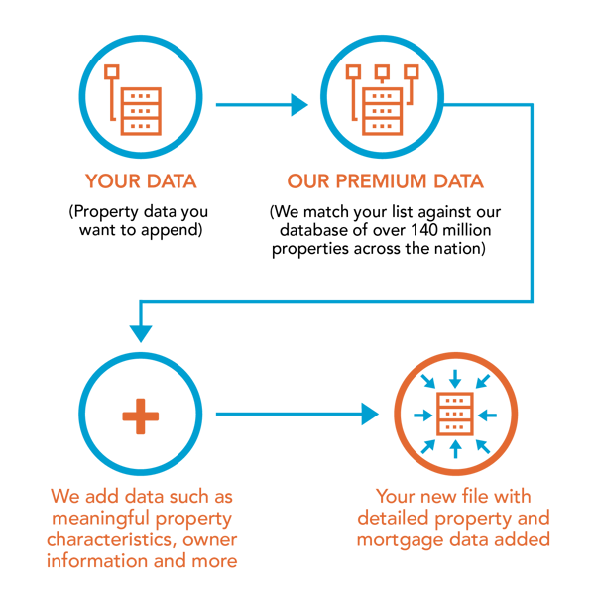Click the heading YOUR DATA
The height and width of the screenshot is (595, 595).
pos(140,181)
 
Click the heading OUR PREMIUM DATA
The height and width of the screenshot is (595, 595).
pos(386,181)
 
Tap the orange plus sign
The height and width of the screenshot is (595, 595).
pos(141,415)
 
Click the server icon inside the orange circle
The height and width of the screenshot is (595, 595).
pos(455,415)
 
